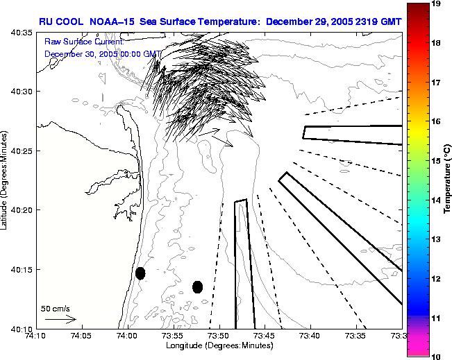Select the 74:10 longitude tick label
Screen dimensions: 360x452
coord(35,336)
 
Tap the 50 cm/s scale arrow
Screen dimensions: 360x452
coord(60,319)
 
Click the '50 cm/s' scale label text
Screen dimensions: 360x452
coord(54,308)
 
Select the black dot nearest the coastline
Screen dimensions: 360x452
coord(140,273)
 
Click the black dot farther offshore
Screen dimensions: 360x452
coord(197,286)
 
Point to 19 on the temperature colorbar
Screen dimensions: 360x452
coord(437,4)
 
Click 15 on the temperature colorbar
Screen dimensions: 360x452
coord(437,160)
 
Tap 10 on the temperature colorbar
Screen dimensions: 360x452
coord(437,356)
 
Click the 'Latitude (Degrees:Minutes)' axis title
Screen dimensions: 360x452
coord(5,180)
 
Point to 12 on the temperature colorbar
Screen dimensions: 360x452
coord(437,278)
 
